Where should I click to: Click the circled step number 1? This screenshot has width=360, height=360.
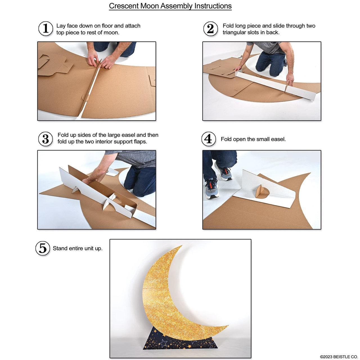(x=46, y=28)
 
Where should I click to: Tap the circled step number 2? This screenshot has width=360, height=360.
(x=210, y=29)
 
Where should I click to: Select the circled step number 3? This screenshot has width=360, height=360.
(x=46, y=139)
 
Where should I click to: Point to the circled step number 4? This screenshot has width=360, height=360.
(x=208, y=139)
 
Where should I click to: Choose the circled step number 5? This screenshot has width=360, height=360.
(x=43, y=248)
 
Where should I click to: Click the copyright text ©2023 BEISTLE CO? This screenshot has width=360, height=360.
(x=339, y=357)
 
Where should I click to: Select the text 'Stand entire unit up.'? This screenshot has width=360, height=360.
(x=78, y=248)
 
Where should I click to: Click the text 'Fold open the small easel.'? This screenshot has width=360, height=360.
(x=253, y=139)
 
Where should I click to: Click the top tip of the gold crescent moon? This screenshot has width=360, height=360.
(x=180, y=247)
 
